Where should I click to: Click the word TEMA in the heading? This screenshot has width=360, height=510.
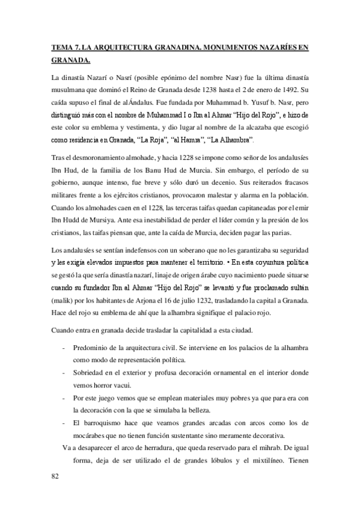coord(61,46)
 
